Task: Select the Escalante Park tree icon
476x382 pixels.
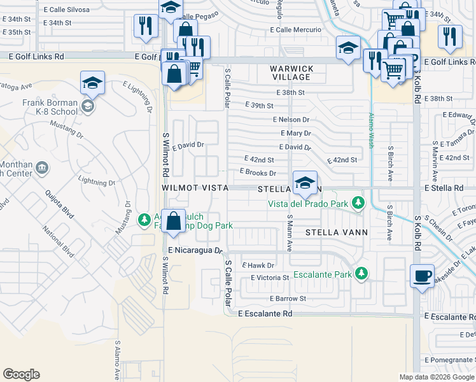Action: point(361,274)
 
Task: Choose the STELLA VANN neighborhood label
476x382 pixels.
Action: point(337,232)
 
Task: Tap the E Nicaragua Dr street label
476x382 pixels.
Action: point(195,250)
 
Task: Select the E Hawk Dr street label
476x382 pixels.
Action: point(258,265)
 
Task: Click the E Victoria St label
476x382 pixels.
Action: point(270,278)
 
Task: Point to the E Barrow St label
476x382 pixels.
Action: point(288,298)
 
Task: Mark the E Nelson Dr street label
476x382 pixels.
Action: point(291,120)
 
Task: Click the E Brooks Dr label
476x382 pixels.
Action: point(258,173)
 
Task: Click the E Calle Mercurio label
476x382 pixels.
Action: point(295,29)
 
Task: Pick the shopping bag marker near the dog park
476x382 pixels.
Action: point(174,222)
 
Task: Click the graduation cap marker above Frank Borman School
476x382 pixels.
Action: point(92,83)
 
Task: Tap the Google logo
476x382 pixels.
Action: point(21,374)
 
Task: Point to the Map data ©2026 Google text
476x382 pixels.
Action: point(437,377)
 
